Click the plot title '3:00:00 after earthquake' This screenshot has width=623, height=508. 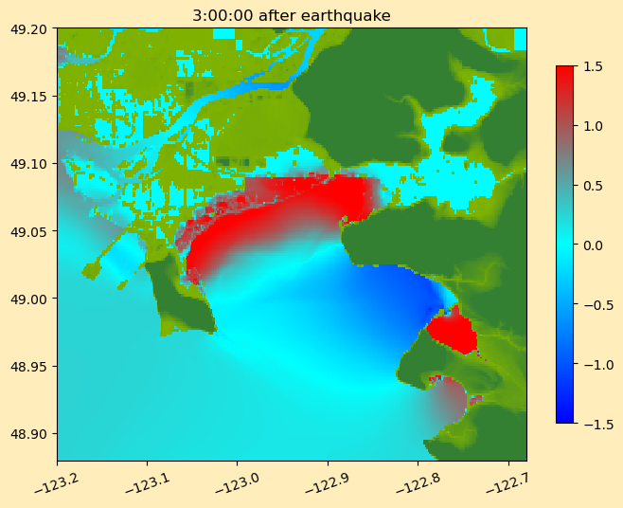(291, 15)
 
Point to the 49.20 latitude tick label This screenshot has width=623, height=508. (27, 28)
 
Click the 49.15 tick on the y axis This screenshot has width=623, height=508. (27, 97)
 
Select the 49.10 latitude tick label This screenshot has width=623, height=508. (27, 164)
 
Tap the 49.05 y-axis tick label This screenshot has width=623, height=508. (27, 231)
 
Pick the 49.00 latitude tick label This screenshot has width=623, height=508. (27, 299)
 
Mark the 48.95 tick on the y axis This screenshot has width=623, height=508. (27, 367)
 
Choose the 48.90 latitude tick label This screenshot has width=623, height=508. (27, 434)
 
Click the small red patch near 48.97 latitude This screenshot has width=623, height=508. (452, 333)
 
